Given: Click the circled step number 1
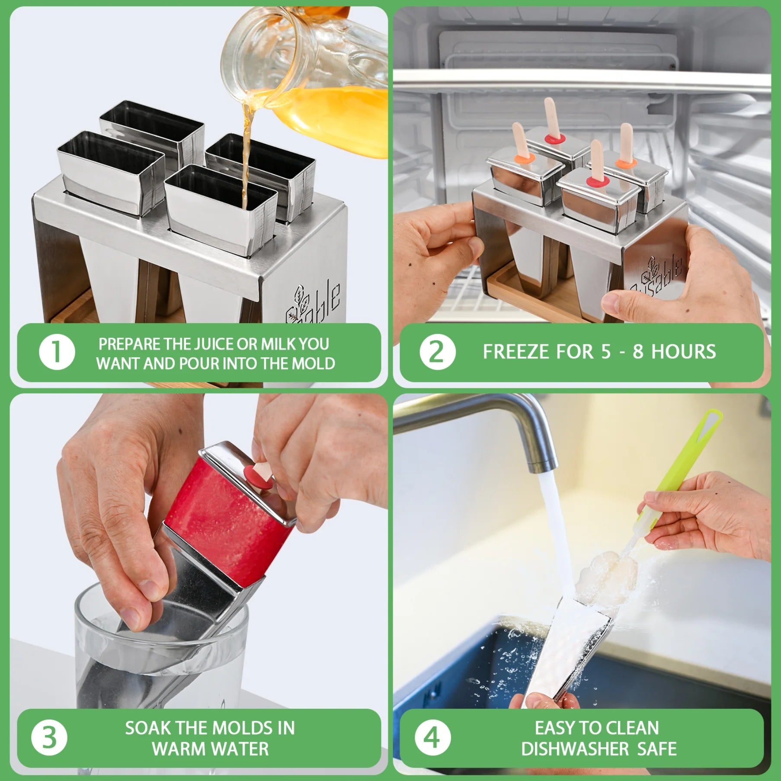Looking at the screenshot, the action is click(57, 352).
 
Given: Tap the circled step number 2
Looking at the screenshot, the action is click(437, 352).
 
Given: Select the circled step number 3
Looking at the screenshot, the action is click(49, 738).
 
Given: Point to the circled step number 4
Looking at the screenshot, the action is click(432, 738).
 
